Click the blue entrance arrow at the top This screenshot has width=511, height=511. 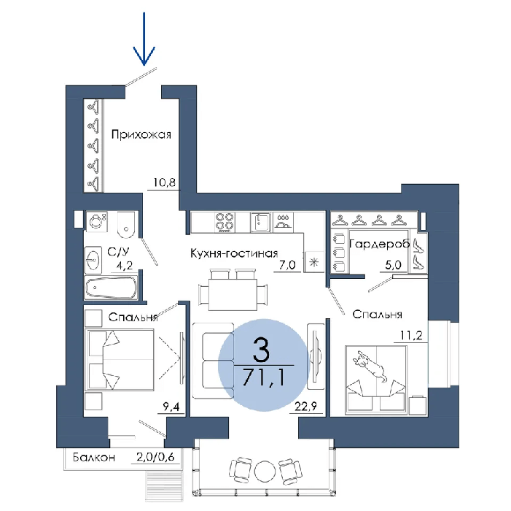[144, 39]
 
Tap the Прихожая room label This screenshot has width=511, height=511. [141, 134]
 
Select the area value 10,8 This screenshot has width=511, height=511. [164, 182]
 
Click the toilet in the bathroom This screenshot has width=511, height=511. [125, 225]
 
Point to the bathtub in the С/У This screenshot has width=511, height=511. [111, 288]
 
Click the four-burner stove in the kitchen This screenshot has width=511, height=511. [225, 222]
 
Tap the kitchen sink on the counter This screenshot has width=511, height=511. [261, 222]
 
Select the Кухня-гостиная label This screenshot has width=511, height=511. [234, 253]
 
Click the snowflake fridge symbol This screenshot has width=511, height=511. [314, 262]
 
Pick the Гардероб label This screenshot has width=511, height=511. [379, 244]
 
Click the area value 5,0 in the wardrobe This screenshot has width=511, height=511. [393, 265]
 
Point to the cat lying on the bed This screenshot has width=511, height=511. [370, 365]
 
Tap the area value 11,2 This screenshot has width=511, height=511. [411, 335]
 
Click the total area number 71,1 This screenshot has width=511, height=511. [264, 378]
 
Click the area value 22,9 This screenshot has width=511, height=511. [305, 407]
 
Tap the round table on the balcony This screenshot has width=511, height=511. [265, 471]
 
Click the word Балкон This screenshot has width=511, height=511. [94, 457]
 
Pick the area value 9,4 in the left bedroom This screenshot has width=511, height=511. [171, 407]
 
